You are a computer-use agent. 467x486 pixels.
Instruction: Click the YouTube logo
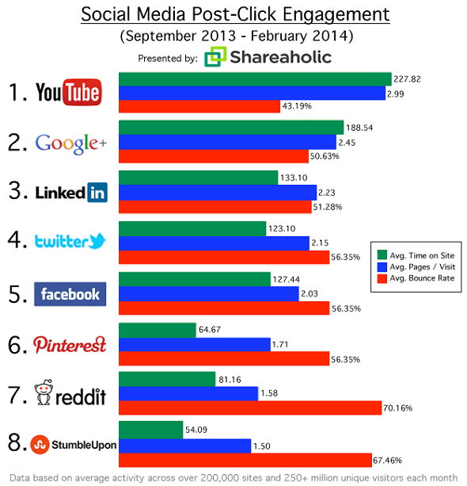tap(68, 92)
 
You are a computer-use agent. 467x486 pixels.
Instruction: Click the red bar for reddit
tap(245, 408)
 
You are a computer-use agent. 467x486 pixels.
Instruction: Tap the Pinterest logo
tap(70, 344)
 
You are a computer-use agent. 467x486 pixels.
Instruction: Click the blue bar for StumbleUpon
tap(184, 445)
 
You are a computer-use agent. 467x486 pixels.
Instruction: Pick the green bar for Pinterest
tap(157, 330)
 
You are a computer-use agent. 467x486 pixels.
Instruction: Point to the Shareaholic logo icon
tap(214, 58)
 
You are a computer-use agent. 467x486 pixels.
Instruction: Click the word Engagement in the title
tap(340, 15)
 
